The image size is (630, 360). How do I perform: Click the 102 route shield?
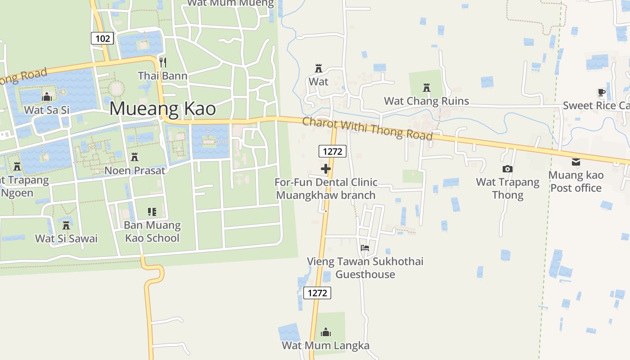click(103, 38)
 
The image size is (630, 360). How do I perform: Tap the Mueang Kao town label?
click(162, 109)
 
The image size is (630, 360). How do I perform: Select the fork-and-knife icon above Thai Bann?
click(163, 62)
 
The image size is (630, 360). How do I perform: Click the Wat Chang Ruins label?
click(426, 101)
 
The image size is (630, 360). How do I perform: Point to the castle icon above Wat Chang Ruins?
click(427, 88)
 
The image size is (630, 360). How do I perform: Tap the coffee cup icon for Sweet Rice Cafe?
click(601, 93)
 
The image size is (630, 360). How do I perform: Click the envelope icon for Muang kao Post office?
click(576, 162)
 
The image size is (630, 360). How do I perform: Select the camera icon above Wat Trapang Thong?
click(508, 169)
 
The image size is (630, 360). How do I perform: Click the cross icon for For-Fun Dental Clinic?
click(326, 169)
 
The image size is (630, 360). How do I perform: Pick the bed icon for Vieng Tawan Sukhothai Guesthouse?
click(365, 248)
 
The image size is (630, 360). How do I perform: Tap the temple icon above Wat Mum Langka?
click(326, 333)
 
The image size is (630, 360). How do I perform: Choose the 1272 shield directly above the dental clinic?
click(333, 152)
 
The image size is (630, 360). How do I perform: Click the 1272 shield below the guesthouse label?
click(317, 293)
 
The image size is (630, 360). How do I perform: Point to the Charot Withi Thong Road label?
click(367, 129)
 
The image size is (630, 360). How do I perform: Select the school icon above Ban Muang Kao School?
click(152, 211)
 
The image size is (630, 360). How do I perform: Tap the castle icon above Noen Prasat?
click(134, 157)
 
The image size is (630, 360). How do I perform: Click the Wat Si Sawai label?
click(66, 238)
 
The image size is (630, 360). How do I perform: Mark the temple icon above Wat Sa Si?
click(47, 97)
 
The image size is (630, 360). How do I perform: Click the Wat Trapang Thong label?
click(508, 189)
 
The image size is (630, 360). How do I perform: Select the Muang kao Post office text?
click(576, 181)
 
